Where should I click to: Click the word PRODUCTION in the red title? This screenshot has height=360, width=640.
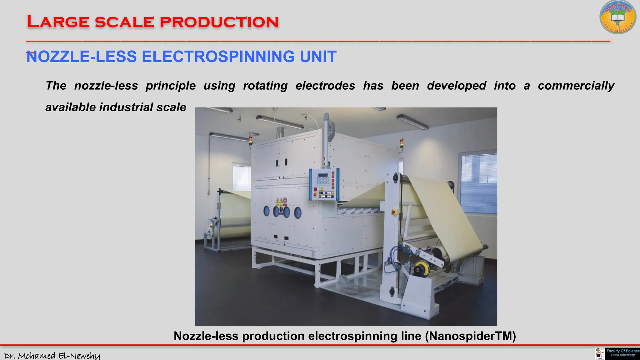tap(219, 22)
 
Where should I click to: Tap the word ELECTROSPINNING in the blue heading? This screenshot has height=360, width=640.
tap(218, 57)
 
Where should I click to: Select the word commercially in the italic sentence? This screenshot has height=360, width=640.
tap(576, 86)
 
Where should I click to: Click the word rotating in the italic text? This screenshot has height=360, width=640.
tap(265, 86)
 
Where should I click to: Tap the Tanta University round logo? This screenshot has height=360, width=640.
tap(618, 17)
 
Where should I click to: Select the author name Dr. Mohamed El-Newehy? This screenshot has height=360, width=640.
tap(52, 356)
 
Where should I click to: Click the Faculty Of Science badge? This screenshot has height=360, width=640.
tap(622, 353)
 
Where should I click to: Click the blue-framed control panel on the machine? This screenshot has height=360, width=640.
tap(324, 184)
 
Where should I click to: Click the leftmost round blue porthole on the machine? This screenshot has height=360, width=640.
tap(266, 211)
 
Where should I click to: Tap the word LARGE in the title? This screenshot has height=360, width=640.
tap(58, 22)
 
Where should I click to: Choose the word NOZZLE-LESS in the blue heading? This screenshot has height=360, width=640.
tap(82, 57)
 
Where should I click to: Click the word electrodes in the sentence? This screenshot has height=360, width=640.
tap(325, 86)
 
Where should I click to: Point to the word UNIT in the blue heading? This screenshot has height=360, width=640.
tap(318, 57)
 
